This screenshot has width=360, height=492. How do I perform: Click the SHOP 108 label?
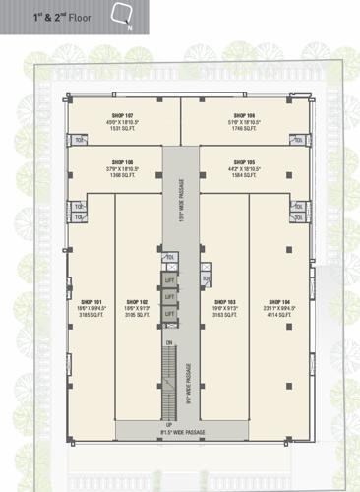[x=123, y=161]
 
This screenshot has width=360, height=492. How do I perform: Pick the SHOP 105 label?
[x=245, y=161]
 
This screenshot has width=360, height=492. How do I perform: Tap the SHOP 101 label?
[x=92, y=301]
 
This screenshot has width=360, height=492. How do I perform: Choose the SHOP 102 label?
[x=137, y=301]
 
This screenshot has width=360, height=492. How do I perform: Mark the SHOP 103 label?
[x=225, y=301]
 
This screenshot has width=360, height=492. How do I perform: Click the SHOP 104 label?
[x=279, y=301]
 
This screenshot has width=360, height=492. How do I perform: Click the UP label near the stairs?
[x=168, y=424]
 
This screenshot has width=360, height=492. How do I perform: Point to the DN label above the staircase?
[x=169, y=341]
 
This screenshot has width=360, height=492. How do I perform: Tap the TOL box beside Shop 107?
[x=79, y=140]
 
